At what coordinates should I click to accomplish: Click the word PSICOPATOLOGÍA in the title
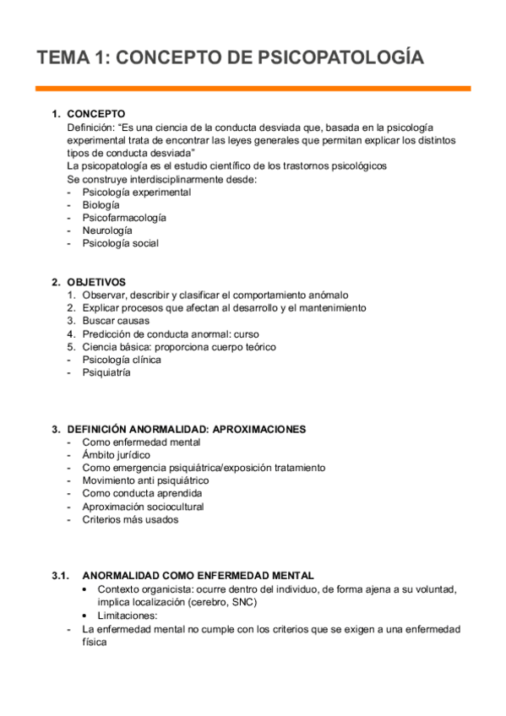[x=340, y=57]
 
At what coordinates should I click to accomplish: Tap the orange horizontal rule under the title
[x=253, y=88]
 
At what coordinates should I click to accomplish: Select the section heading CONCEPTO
[x=96, y=114]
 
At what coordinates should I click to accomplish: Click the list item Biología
[x=101, y=205]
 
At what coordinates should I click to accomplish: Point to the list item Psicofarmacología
[x=124, y=218]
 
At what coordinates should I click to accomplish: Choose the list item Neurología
[x=107, y=231]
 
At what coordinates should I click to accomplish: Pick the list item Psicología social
[x=120, y=243]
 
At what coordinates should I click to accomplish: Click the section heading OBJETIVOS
[x=96, y=282]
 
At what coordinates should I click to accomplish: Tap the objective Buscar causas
[x=116, y=321]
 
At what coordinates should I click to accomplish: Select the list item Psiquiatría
[x=106, y=372]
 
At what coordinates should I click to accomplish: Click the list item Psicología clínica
[x=122, y=360]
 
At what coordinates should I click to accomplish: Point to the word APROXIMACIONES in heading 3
[x=259, y=429]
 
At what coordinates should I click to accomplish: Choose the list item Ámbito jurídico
[x=117, y=455]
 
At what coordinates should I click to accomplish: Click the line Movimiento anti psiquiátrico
[x=145, y=480]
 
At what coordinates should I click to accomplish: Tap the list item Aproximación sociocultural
[x=143, y=507]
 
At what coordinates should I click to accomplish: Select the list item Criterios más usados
[x=130, y=519]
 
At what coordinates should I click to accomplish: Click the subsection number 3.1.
[x=58, y=575]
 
